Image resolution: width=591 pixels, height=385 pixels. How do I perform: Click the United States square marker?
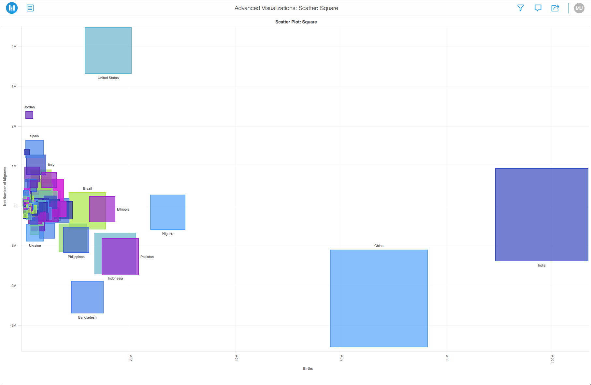point(108,50)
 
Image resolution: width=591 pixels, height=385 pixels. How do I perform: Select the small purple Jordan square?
point(29,115)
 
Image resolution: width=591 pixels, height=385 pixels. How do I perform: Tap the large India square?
point(541,215)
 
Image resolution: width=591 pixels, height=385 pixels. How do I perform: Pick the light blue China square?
point(379,298)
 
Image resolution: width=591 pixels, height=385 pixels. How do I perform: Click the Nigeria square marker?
point(168,212)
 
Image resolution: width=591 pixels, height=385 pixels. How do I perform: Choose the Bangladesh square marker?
point(87,297)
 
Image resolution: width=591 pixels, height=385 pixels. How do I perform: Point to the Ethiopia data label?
point(123,209)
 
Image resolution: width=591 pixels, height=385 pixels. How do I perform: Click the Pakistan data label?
point(147,257)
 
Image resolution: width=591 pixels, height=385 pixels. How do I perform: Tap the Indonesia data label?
point(115,278)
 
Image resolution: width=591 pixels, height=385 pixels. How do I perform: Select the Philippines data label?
point(76,257)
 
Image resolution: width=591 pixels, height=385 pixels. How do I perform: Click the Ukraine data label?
point(35,245)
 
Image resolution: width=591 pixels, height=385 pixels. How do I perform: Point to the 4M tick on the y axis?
point(14,47)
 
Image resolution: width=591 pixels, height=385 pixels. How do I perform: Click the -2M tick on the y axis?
point(13,286)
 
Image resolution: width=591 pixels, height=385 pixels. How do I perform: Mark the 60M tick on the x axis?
point(342,358)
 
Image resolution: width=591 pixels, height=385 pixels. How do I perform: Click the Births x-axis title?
point(308,368)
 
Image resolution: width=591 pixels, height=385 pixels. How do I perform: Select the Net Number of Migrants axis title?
point(5,186)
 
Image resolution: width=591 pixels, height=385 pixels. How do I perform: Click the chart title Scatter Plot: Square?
point(296,22)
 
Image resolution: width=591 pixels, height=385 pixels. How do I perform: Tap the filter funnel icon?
point(521,8)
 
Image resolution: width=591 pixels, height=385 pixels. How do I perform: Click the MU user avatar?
point(579,8)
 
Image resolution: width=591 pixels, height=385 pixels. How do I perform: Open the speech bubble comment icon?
point(538,8)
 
